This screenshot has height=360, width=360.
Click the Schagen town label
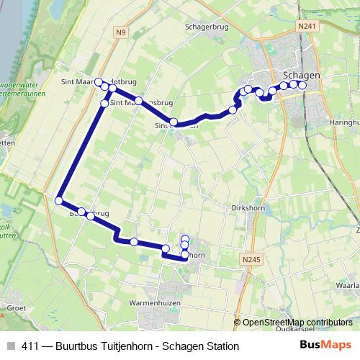click(302, 74)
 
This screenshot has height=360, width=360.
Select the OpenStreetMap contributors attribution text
click(297, 323)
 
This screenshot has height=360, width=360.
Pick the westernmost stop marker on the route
click(59, 201)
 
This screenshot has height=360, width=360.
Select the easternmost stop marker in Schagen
click(302, 86)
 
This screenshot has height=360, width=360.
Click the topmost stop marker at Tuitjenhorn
click(185, 239)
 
